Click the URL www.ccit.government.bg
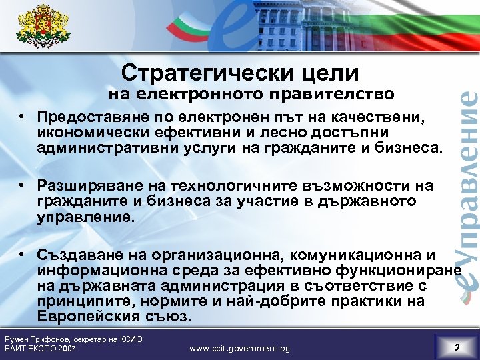(x=240, y=348)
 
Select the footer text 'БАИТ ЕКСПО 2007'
(x=40, y=349)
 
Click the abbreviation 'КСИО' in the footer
(x=130, y=339)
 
